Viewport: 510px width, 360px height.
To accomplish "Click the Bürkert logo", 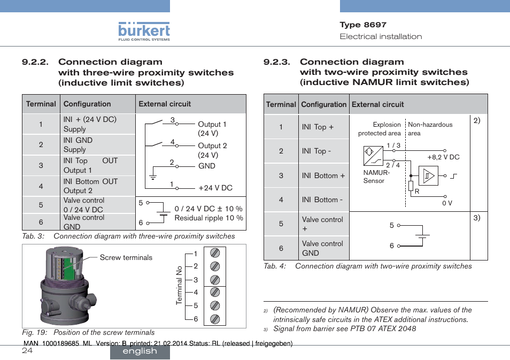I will (x=144, y=30).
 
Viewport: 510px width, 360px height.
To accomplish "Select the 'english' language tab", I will (x=140, y=351).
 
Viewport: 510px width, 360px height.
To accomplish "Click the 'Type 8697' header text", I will (x=363, y=25).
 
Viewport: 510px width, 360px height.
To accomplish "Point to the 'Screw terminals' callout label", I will (x=126, y=258).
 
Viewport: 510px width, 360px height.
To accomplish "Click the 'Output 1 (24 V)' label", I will (x=212, y=129).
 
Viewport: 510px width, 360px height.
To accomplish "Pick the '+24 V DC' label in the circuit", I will (x=215, y=188).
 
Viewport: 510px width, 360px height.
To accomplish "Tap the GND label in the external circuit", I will (x=206, y=166).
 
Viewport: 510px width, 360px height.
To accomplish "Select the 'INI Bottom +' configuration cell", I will (x=323, y=175).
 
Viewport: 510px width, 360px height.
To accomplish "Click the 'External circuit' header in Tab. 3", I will (x=165, y=104).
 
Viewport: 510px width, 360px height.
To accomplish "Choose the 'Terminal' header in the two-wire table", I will (x=281, y=104).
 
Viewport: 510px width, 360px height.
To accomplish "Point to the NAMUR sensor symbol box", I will (x=373, y=156).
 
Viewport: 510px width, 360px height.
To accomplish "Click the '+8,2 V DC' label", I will (x=443, y=157).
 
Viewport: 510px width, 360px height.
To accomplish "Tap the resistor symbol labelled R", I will (x=411, y=186).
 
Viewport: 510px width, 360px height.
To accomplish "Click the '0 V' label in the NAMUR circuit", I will (x=447, y=203).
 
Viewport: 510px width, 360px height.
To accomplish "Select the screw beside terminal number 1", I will (x=214, y=254).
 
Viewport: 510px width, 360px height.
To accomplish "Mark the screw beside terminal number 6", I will (x=214, y=319).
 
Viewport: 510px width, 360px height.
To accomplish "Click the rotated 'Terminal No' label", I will (x=180, y=286).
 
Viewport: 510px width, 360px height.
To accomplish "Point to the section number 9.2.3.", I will (x=277, y=62).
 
